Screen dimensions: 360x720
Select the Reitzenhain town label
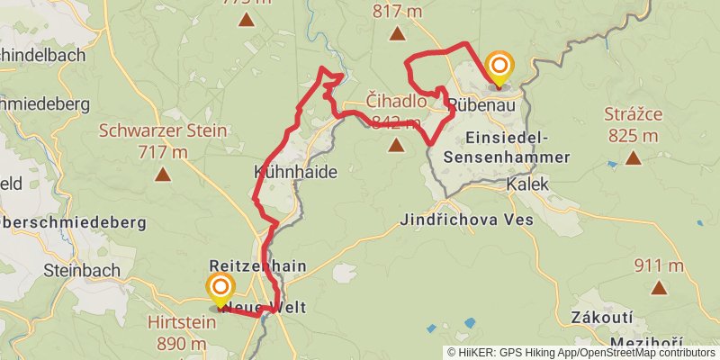click(257, 266)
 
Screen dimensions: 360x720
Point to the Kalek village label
click(527, 184)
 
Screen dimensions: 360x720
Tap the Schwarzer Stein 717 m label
click(163, 140)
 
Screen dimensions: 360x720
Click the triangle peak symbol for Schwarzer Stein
click(163, 174)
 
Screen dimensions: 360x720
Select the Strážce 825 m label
click(634, 125)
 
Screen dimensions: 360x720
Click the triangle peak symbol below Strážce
click(634, 158)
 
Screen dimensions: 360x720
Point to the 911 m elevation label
click(659, 265)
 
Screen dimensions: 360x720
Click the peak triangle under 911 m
click(660, 289)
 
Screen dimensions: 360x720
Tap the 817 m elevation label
click(398, 12)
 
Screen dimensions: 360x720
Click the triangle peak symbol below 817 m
click(398, 34)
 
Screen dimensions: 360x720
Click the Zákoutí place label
click(602, 318)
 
